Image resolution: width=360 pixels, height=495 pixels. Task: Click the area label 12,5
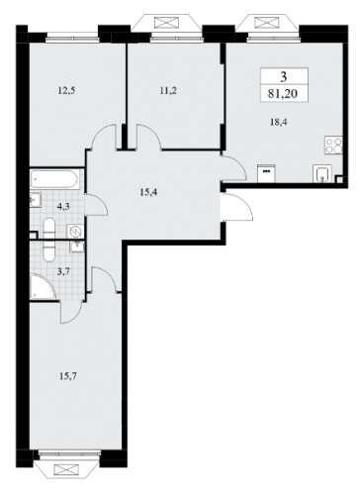point(67,90)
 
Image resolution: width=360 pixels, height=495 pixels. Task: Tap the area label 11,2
point(168,90)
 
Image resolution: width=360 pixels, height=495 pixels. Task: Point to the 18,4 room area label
point(279,122)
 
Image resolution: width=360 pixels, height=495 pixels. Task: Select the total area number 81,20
point(283,94)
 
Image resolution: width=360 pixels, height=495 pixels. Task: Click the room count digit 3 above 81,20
point(284,77)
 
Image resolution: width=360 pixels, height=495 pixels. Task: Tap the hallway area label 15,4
point(148,192)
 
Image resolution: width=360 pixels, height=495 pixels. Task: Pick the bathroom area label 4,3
point(62,207)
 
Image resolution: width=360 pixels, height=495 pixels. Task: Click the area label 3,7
point(62,271)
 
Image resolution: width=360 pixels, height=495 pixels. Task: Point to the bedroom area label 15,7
point(68,375)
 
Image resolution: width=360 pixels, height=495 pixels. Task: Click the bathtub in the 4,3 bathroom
point(54,180)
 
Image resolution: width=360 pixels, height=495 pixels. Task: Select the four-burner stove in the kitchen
point(333,145)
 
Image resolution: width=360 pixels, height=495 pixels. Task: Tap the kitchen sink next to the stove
point(321,173)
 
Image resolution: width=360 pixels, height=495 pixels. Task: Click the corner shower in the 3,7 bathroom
point(43,287)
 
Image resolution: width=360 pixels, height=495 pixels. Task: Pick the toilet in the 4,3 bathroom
point(49,228)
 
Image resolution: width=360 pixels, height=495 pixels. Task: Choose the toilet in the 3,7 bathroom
point(49,251)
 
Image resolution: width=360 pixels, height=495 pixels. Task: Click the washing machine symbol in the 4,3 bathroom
point(75,232)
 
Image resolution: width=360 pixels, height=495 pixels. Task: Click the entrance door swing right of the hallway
point(238,206)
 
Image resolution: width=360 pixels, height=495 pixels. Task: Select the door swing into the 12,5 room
point(104,137)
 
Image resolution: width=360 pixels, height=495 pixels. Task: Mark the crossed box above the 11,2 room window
point(166,24)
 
